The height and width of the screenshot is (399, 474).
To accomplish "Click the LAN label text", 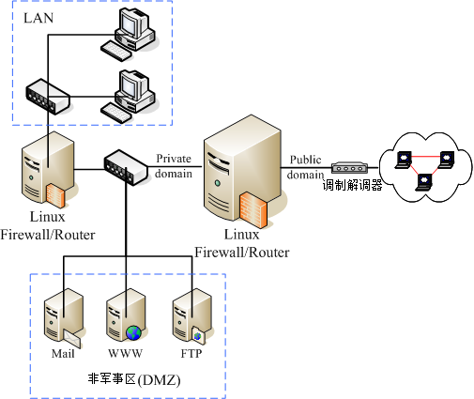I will point(38,18).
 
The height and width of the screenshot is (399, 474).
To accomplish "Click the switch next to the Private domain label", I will point(126,168).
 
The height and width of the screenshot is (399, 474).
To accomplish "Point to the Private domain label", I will point(174,165).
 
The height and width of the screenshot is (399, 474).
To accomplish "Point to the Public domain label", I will point(305,167).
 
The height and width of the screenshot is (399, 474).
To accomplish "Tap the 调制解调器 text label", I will point(352,186).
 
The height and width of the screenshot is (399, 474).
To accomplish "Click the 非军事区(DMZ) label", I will point(133,380).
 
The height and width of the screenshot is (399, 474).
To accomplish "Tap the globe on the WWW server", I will point(134,332).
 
